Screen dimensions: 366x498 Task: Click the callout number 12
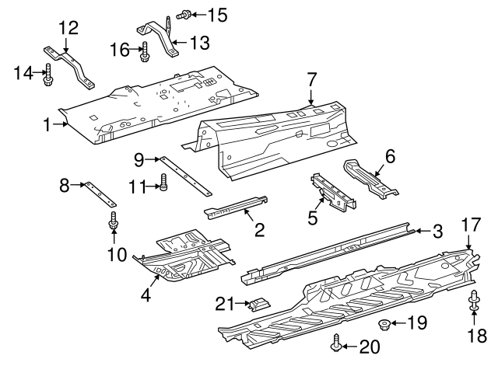(68, 27)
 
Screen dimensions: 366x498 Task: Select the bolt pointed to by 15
(186, 14)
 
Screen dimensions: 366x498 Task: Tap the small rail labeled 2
(237, 205)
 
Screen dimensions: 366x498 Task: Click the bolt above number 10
(114, 221)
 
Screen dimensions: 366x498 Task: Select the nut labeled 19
(384, 323)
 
